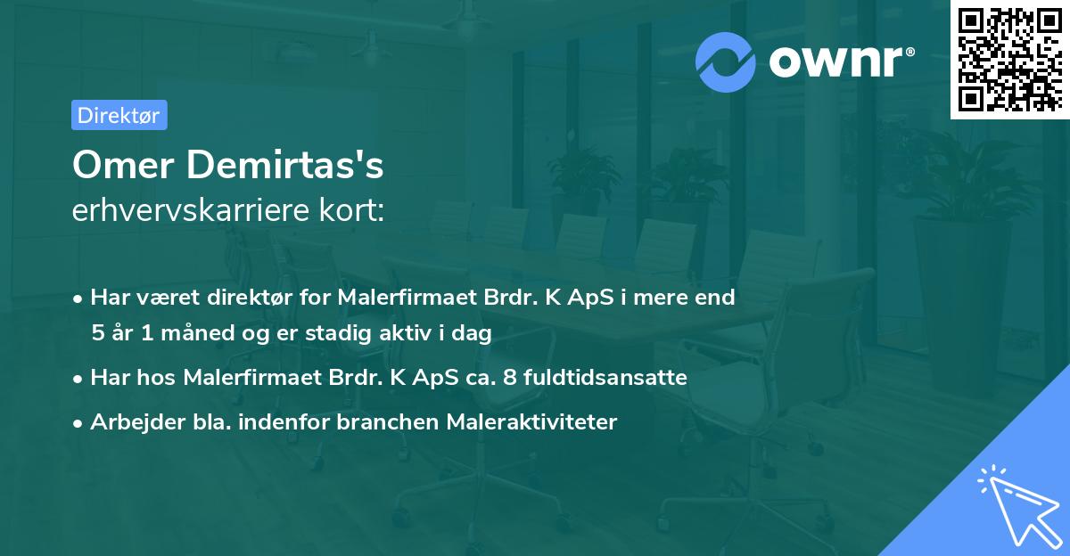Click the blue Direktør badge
pos(119,115)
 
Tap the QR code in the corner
pos(1009,60)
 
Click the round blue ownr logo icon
pos(725,62)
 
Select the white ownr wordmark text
pos(835,62)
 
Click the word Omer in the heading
pos(123,165)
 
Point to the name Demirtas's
pos(285,165)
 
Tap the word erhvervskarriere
pos(191,209)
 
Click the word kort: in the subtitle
pos(351,209)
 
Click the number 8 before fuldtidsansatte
pos(510,378)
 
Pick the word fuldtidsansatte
pos(605,377)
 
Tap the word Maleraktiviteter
pos(531,421)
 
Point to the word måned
pos(197,332)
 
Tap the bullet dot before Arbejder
pos(78,423)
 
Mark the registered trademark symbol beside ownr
pos(910,52)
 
